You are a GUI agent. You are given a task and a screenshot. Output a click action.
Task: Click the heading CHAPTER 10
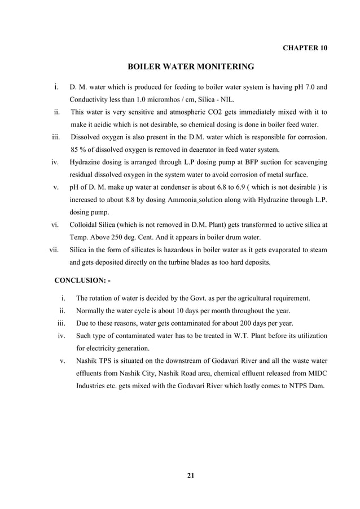304,47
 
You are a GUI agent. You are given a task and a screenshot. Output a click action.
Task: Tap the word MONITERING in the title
221,67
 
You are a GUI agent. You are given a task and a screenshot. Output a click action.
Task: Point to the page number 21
190,475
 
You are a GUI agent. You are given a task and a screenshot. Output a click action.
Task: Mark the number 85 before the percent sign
75,150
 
